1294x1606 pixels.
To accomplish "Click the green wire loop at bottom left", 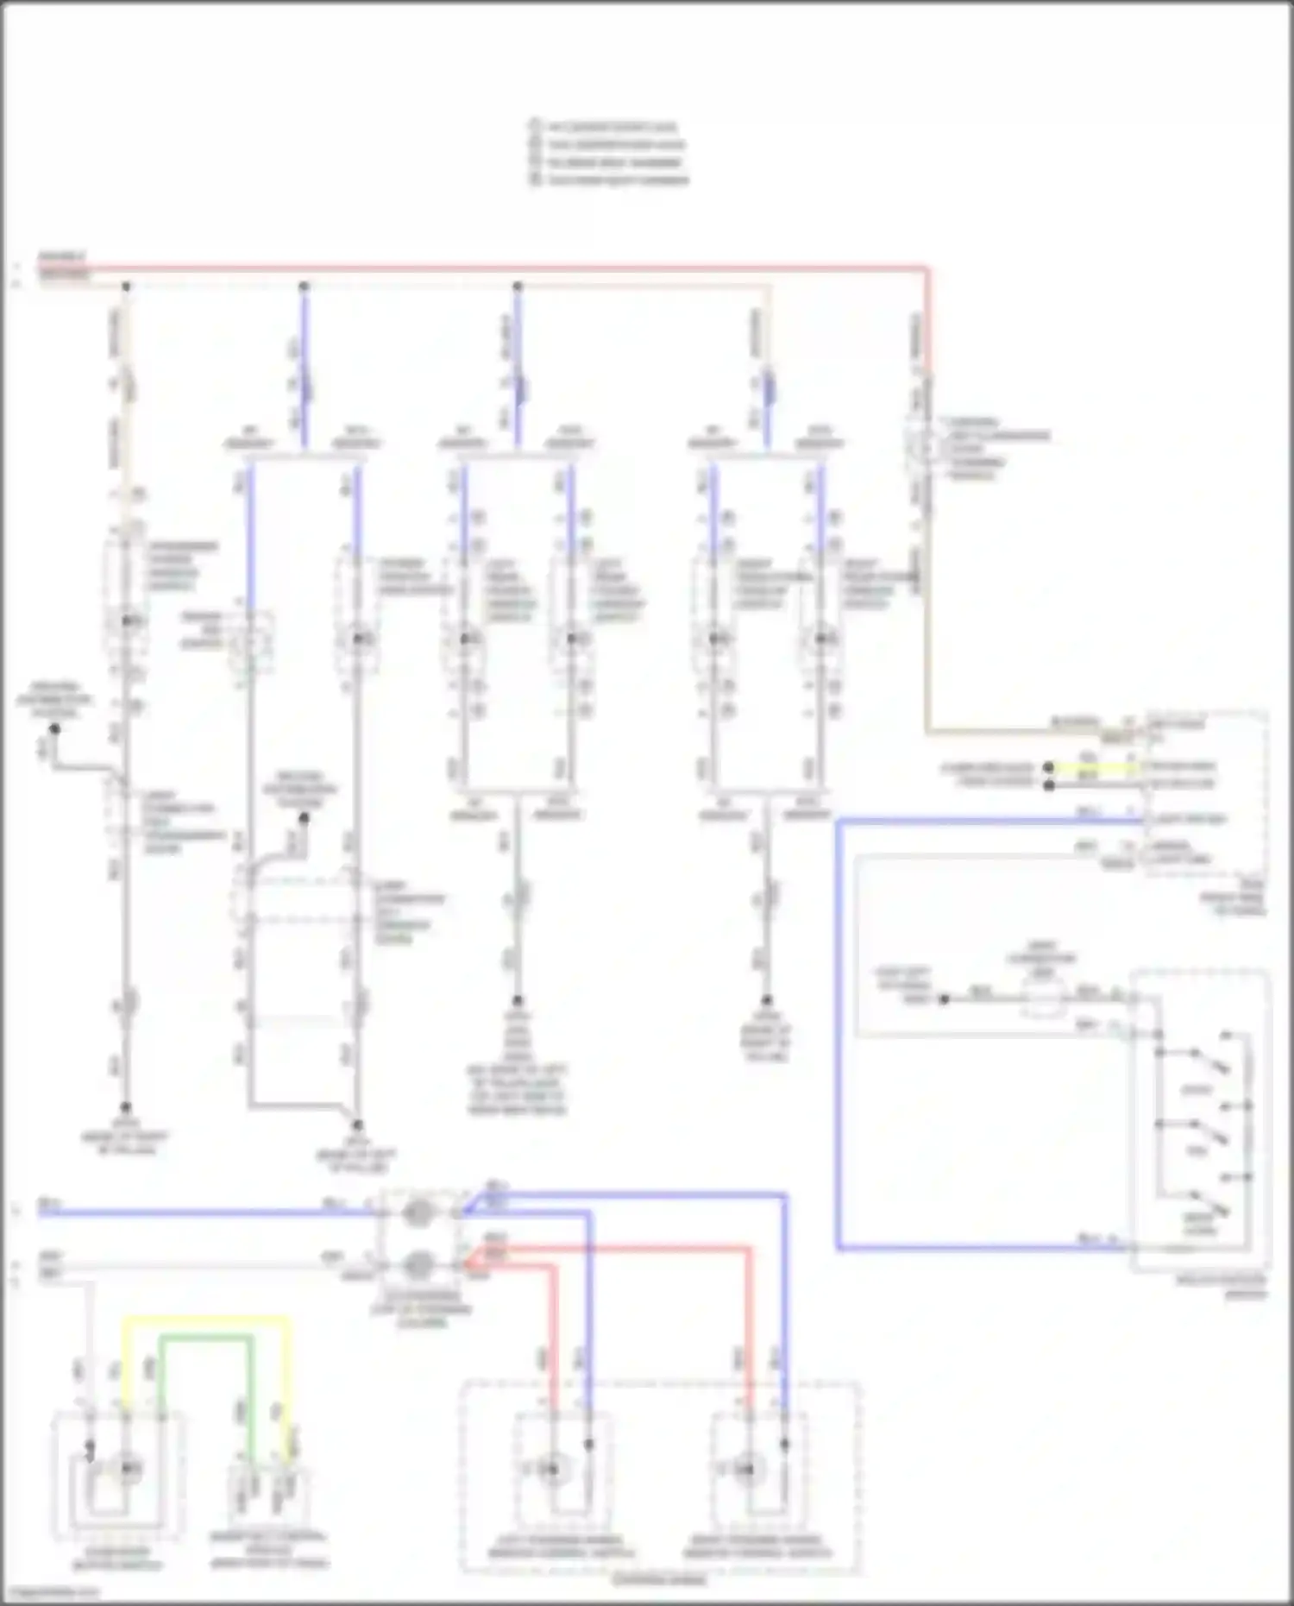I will [x=207, y=1338].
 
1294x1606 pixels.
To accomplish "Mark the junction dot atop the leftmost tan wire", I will [x=126, y=286].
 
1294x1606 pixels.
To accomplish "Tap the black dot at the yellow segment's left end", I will [x=1049, y=766].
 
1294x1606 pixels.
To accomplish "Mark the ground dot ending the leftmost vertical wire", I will [x=126, y=1107].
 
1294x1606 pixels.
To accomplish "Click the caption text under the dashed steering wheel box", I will [x=660, y=1581].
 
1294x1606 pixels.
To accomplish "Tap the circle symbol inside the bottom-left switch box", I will [x=127, y=1468].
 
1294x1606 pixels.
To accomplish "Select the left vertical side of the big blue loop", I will [x=838, y=1036].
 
